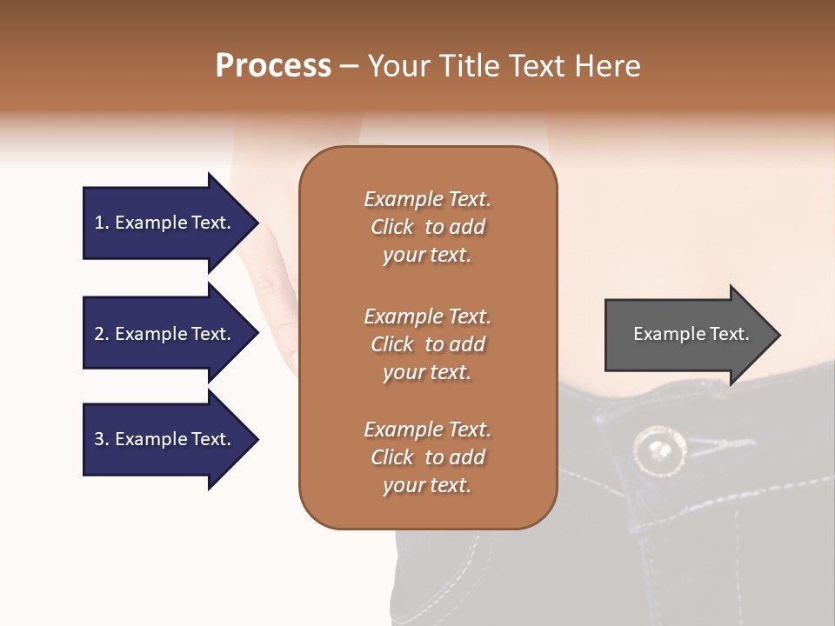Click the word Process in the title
[273, 66]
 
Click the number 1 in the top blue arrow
[99, 223]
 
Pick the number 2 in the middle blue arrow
[99, 334]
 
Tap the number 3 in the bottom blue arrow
[99, 440]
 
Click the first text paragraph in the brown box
[428, 227]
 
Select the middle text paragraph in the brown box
[428, 344]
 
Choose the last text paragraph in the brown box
[428, 457]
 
